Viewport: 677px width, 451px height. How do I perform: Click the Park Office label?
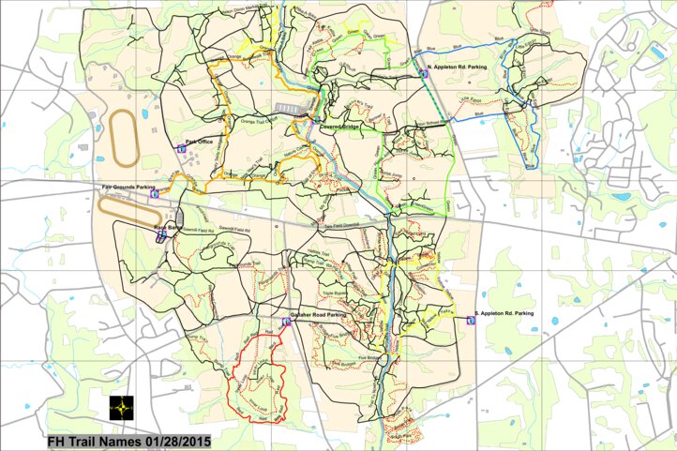(201, 142)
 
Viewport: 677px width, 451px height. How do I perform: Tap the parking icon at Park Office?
(181, 149)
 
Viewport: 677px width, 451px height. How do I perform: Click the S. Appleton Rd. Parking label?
(505, 312)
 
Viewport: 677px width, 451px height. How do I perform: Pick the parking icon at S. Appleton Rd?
(470, 320)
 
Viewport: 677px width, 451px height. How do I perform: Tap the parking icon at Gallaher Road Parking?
(284, 322)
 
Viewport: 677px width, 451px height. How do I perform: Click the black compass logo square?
(121, 410)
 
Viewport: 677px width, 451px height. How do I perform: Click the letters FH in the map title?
(59, 440)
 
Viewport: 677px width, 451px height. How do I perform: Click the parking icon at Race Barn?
(160, 237)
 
